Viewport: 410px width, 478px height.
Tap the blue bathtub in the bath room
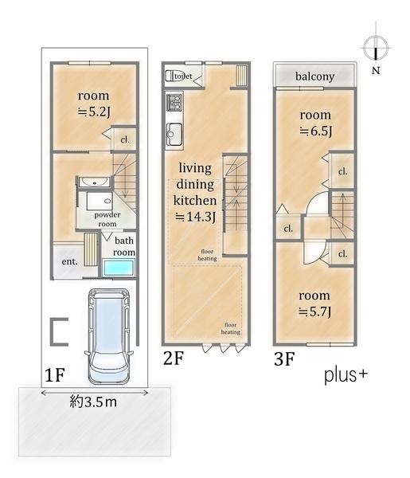coord(119,268)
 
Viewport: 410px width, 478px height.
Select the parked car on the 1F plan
coord(109,336)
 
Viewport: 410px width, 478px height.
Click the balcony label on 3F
coord(314,76)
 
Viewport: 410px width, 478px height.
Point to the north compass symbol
coord(376,48)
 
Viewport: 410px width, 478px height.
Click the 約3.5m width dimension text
coord(93,402)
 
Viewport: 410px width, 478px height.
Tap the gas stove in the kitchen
coord(174,102)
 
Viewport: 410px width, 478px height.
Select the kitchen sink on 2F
coord(174,134)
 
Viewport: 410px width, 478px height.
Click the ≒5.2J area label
coord(93,112)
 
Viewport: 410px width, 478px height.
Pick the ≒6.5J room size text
coord(315,131)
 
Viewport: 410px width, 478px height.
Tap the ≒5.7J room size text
coord(314,311)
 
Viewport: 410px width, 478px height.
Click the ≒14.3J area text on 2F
coord(195,217)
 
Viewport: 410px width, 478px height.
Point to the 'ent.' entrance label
coord(69,261)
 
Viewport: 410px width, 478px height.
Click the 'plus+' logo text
coord(346,375)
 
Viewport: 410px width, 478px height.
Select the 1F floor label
coord(55,374)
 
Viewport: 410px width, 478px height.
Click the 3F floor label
coord(284,358)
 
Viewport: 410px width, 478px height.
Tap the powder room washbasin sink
coord(94,182)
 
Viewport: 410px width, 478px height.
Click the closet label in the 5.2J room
coord(125,140)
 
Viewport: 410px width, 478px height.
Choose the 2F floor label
coord(174,358)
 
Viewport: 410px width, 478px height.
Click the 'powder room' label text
coord(107,219)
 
